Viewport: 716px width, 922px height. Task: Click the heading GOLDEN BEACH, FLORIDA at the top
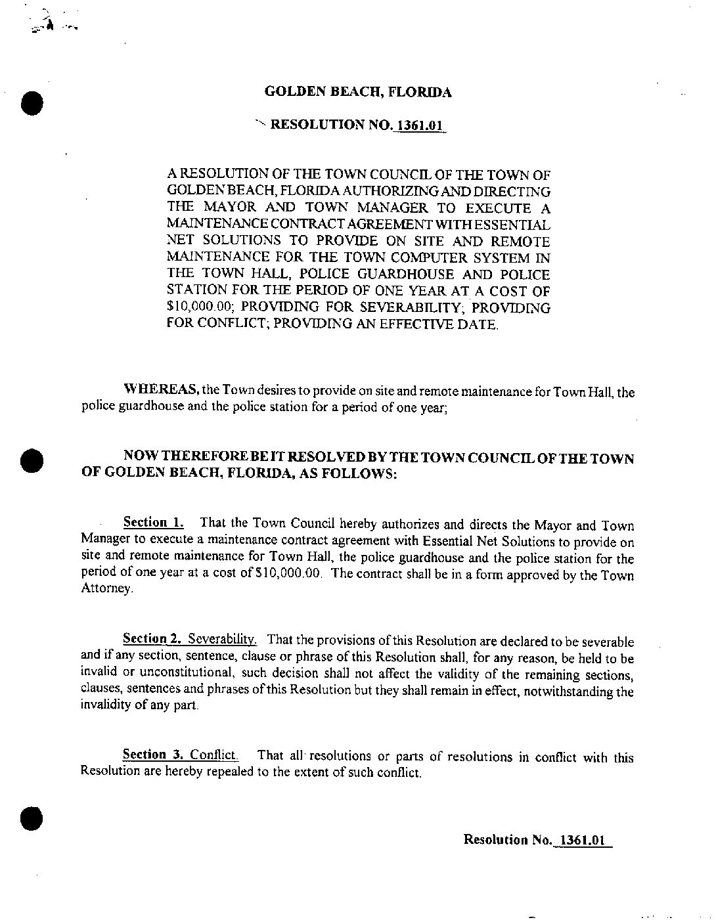(x=357, y=92)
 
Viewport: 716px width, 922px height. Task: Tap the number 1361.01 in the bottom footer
(x=583, y=839)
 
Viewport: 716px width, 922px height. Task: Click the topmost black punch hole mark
(x=32, y=103)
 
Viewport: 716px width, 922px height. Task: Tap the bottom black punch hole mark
(x=30, y=817)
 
